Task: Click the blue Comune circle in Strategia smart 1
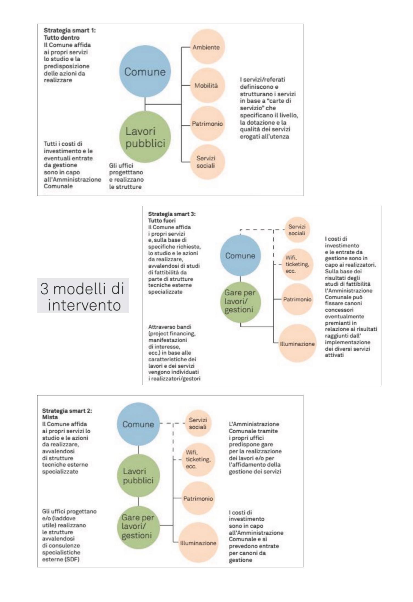(x=145, y=72)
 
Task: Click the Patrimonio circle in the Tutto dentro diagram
(x=207, y=124)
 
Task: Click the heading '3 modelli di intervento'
(x=83, y=297)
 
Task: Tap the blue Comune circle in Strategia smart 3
(x=240, y=256)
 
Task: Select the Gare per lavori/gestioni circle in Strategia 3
(x=240, y=301)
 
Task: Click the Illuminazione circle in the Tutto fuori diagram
(x=297, y=344)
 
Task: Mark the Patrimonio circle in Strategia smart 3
(x=297, y=299)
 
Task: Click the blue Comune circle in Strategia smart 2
(x=138, y=424)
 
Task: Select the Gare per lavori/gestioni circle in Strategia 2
(x=138, y=525)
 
